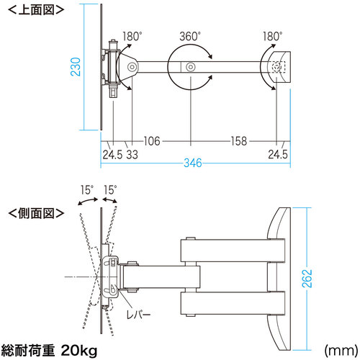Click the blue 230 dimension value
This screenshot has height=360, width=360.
[76, 67]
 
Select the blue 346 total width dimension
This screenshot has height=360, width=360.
[193, 163]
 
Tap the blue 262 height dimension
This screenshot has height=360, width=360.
[307, 279]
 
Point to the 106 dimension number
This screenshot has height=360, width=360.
[152, 141]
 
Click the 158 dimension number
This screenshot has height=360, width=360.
[239, 141]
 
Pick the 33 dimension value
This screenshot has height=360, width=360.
[132, 155]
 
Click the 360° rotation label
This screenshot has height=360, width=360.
[190, 37]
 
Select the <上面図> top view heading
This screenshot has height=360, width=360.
[36, 10]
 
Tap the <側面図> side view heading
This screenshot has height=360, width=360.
[36, 213]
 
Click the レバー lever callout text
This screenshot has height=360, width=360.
[139, 315]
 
